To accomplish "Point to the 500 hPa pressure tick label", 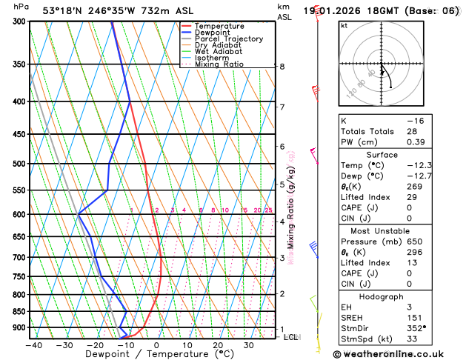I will (19, 164).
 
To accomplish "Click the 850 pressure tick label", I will (19, 312).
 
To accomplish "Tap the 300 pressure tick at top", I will (19, 21).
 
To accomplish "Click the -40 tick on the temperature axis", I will (33, 345).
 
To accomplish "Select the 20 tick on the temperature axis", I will (219, 345).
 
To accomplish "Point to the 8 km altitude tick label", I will (282, 67).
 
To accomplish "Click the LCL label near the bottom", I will (291, 337).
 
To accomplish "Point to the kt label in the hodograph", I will (344, 25).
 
